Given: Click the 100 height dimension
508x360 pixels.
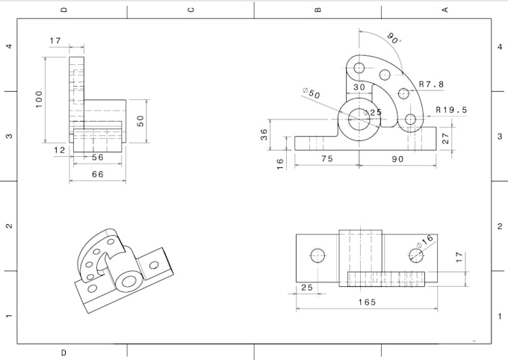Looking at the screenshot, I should point(40,99).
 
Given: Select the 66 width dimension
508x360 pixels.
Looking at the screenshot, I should point(98,174).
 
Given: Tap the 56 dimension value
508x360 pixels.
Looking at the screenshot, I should point(98,158).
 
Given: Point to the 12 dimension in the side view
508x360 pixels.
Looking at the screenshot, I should point(60,150).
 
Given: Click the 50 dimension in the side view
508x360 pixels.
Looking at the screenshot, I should point(140,120).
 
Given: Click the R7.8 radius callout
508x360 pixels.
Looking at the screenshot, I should point(431,84).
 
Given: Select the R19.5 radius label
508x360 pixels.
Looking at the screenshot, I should point(451,110).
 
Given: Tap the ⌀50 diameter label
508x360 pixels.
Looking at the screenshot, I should point(312,94).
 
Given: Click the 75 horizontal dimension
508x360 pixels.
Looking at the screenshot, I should point(326,158).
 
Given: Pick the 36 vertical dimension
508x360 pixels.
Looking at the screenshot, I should point(264,134).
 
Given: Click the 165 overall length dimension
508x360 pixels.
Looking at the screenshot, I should point(366,302).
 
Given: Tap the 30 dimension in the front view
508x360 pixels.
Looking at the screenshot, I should point(359,87).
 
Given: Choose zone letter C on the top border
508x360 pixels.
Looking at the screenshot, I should point(190,10).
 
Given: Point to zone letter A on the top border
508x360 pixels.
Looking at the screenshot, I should point(445,10).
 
